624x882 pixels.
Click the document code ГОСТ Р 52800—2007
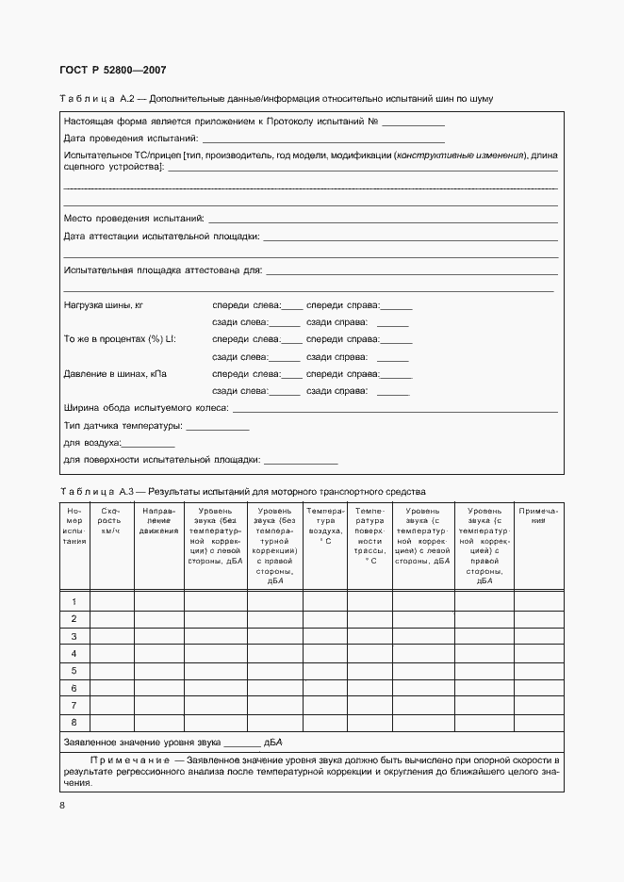point(113,71)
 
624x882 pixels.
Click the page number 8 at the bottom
point(62,805)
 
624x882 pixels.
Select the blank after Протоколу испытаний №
point(413,122)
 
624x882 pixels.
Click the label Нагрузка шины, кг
point(103,305)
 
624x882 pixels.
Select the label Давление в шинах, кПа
point(115,374)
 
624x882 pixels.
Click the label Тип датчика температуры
point(123,426)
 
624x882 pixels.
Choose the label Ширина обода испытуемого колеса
point(145,409)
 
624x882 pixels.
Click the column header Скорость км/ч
point(110,520)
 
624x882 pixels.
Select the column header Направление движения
point(158,520)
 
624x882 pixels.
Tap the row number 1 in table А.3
point(74,601)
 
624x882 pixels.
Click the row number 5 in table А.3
point(74,670)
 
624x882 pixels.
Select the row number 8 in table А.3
point(74,722)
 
